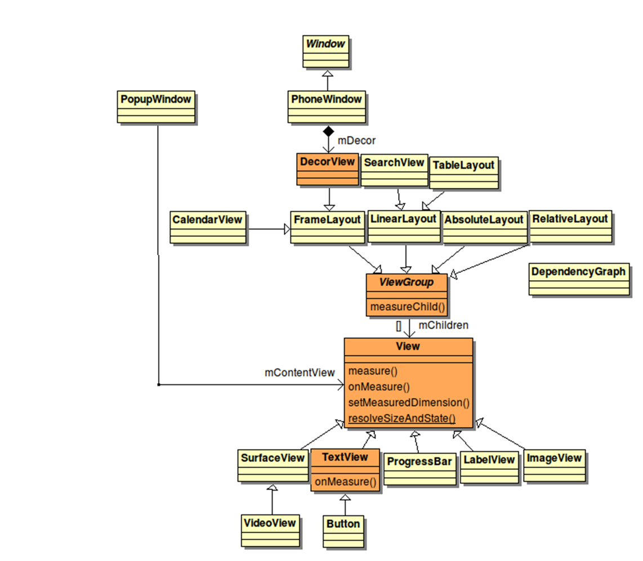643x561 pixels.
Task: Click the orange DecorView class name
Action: click(x=327, y=162)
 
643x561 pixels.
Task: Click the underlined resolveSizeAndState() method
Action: click(x=401, y=418)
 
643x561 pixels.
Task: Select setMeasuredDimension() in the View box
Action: click(x=408, y=402)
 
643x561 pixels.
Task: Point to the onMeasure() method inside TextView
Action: click(x=345, y=481)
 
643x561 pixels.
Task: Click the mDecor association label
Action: click(x=356, y=141)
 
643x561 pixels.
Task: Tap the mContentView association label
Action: click(x=300, y=372)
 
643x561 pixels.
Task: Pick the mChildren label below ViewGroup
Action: click(x=443, y=325)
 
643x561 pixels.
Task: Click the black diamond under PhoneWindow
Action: click(x=328, y=132)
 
